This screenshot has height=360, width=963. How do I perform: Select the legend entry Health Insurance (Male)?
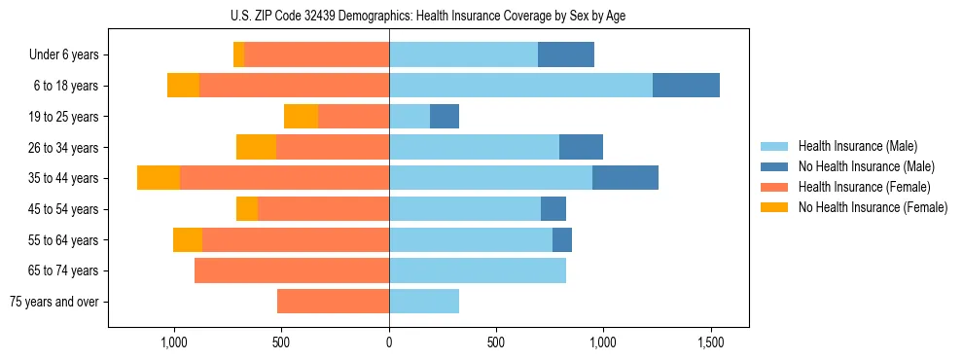[x=857, y=146]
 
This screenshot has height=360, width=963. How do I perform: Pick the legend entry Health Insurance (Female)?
[x=864, y=187]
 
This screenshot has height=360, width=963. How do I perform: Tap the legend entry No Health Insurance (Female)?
[x=873, y=207]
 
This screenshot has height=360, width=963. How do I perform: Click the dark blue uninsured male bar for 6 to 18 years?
[x=686, y=86]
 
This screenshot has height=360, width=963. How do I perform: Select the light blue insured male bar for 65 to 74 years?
[x=478, y=270]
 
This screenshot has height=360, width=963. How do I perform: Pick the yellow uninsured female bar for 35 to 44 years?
[x=159, y=178]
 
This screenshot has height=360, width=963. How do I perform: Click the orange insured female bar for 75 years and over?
[x=333, y=302]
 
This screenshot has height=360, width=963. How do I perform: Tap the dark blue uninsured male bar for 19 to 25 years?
[x=445, y=117]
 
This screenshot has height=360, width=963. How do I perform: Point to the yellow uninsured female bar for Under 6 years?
[x=238, y=55]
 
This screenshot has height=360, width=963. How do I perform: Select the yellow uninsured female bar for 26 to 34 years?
[x=256, y=148]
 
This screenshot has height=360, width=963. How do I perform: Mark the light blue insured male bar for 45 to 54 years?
[x=465, y=209]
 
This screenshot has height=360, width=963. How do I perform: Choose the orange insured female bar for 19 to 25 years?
[x=353, y=117]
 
